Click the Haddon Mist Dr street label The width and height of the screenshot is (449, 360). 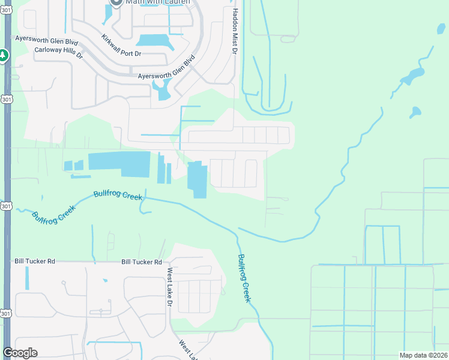[x=235, y=30]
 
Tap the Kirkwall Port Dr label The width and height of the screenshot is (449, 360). [x=121, y=46]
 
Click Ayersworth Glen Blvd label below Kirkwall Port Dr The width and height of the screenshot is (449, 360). [x=167, y=71]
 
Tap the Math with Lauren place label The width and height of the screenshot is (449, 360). [x=157, y=2]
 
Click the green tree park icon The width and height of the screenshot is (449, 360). [x=3, y=56]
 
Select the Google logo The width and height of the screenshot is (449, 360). [x=20, y=353]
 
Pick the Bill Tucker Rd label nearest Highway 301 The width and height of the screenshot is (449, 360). [x=35, y=262]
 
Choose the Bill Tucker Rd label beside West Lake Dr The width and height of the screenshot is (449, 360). [x=142, y=262]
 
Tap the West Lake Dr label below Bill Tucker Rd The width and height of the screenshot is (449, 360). [x=169, y=284]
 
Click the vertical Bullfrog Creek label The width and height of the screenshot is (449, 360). [x=243, y=278]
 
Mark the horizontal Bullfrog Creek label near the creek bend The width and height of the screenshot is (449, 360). [x=118, y=196]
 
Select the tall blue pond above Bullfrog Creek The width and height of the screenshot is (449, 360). [x=197, y=179]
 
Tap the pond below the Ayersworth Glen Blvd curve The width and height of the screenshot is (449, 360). [x=162, y=91]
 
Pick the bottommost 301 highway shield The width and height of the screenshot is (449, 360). [x=6, y=313]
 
